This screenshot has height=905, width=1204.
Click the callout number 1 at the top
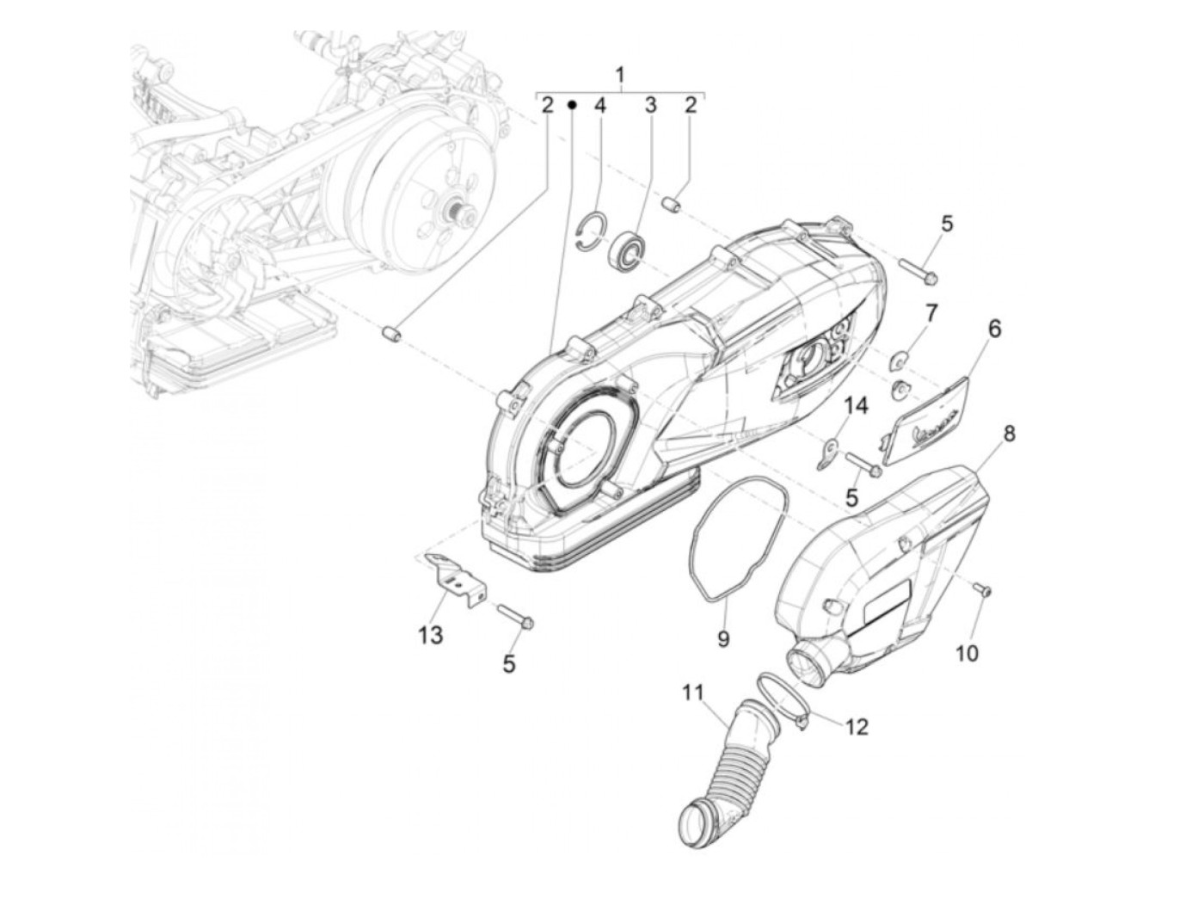tap(620, 75)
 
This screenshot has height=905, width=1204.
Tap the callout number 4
tap(600, 106)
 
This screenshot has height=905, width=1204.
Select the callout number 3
tap(651, 106)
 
